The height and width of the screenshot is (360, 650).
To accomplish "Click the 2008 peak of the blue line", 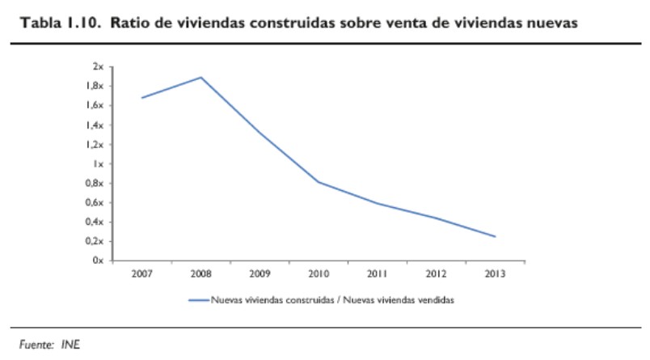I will (x=201, y=78).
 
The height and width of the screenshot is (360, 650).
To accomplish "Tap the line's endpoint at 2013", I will (x=494, y=236).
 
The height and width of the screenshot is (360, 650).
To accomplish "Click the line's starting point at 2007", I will (x=142, y=98).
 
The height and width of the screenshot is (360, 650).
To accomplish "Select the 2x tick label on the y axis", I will (x=99, y=66).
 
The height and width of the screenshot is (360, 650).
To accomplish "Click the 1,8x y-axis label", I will (x=95, y=86).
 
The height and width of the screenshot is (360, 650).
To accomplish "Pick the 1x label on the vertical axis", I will (x=99, y=163).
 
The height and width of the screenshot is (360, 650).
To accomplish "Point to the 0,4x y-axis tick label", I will (x=95, y=222).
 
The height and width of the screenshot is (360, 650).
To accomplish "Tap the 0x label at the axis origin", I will (x=99, y=260).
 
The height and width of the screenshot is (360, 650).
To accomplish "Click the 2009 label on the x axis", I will (x=260, y=273).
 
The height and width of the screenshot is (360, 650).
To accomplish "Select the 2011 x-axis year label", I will (x=377, y=273).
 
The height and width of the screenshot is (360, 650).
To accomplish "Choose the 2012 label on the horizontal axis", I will (x=436, y=273).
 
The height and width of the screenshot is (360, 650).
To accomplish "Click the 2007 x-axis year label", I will (x=142, y=273).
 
